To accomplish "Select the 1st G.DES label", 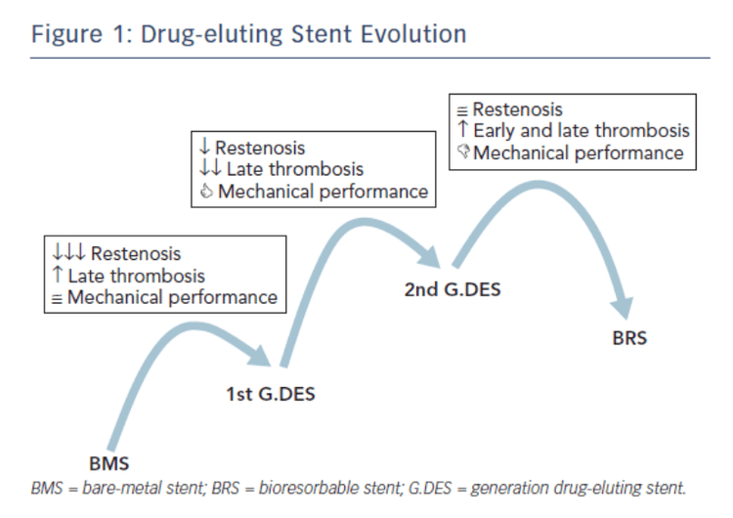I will pyautogui.click(x=270, y=395).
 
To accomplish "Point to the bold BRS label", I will pyautogui.click(x=629, y=340).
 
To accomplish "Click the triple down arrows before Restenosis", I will pyautogui.click(x=68, y=254).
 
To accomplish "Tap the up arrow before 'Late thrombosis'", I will pyautogui.click(x=58, y=276).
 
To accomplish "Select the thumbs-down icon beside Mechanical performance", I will pyautogui.click(x=463, y=152).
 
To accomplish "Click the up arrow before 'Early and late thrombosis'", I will pyautogui.click(x=463, y=130).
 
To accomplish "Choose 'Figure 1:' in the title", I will pyautogui.click(x=77, y=34).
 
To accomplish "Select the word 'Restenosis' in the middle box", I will pyautogui.click(x=260, y=148).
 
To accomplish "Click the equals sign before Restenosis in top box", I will pyautogui.click(x=463, y=110).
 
